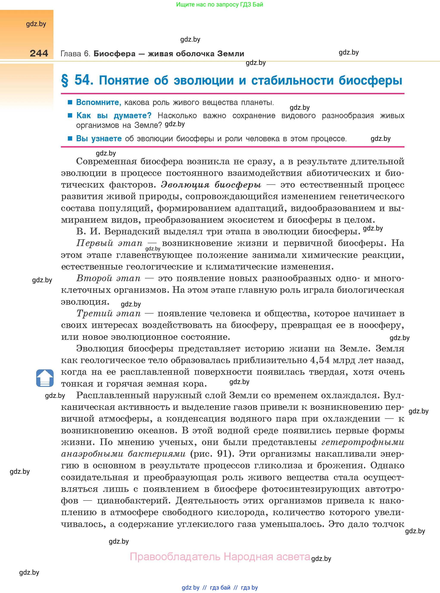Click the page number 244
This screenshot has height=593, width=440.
tap(39, 53)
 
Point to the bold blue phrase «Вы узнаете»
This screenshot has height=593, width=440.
tap(99, 139)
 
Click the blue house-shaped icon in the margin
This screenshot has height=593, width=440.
tap(45, 378)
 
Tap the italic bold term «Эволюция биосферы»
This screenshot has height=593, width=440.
tap(211, 185)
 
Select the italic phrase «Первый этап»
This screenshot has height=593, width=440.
tap(109, 243)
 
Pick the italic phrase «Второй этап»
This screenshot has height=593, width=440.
tap(108, 278)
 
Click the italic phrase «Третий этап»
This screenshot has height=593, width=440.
tap(108, 313)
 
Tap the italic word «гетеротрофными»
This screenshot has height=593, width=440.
tap(363, 442)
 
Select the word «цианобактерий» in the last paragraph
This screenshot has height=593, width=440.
tap(133, 500)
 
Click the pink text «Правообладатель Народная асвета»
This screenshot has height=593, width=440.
tap(220, 557)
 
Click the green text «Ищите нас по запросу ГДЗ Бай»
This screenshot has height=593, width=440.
tap(219, 5)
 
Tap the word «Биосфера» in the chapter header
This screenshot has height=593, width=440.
tap(115, 54)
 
